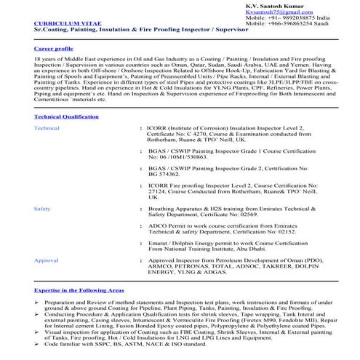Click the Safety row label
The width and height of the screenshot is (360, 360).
tap(42, 208)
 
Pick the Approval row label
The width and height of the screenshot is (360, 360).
tap(47, 260)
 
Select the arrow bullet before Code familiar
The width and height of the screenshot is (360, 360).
tap(37, 343)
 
